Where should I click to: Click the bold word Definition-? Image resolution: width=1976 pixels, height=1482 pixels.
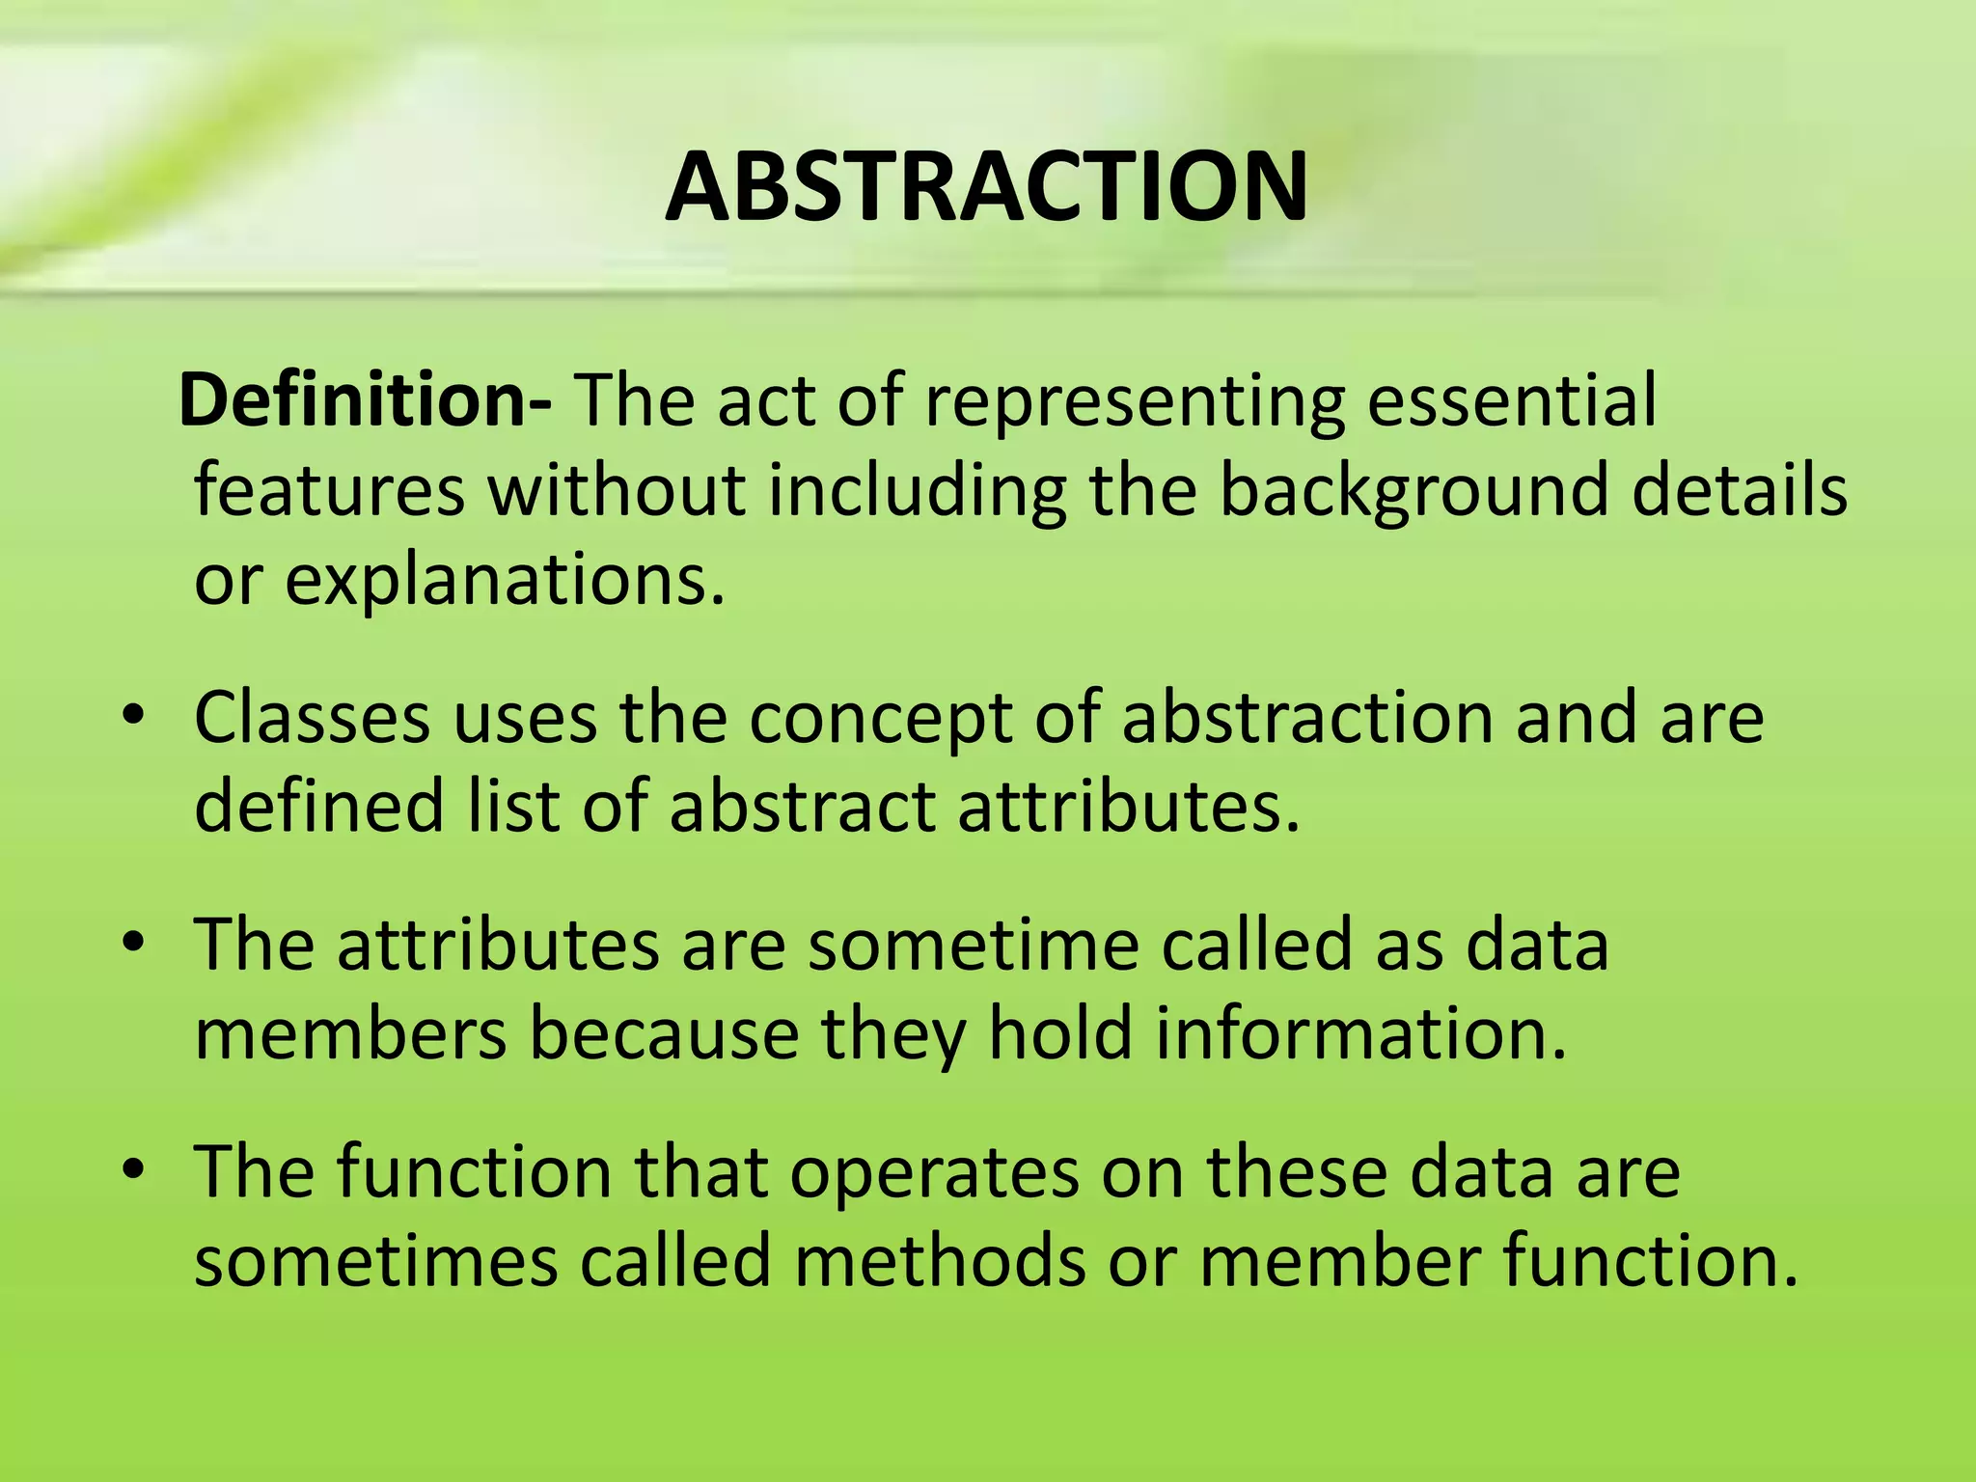366,399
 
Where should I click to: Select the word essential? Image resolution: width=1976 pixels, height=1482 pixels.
1512,399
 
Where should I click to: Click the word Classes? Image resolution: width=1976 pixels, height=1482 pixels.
312,718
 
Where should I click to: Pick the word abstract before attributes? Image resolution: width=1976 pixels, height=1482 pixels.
802,807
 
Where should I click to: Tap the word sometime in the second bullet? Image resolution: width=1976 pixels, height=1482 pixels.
974,945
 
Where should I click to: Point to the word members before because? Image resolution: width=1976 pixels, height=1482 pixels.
350,1033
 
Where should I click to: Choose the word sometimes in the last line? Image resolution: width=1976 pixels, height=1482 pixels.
375,1261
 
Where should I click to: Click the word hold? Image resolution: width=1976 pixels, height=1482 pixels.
1060,1033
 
